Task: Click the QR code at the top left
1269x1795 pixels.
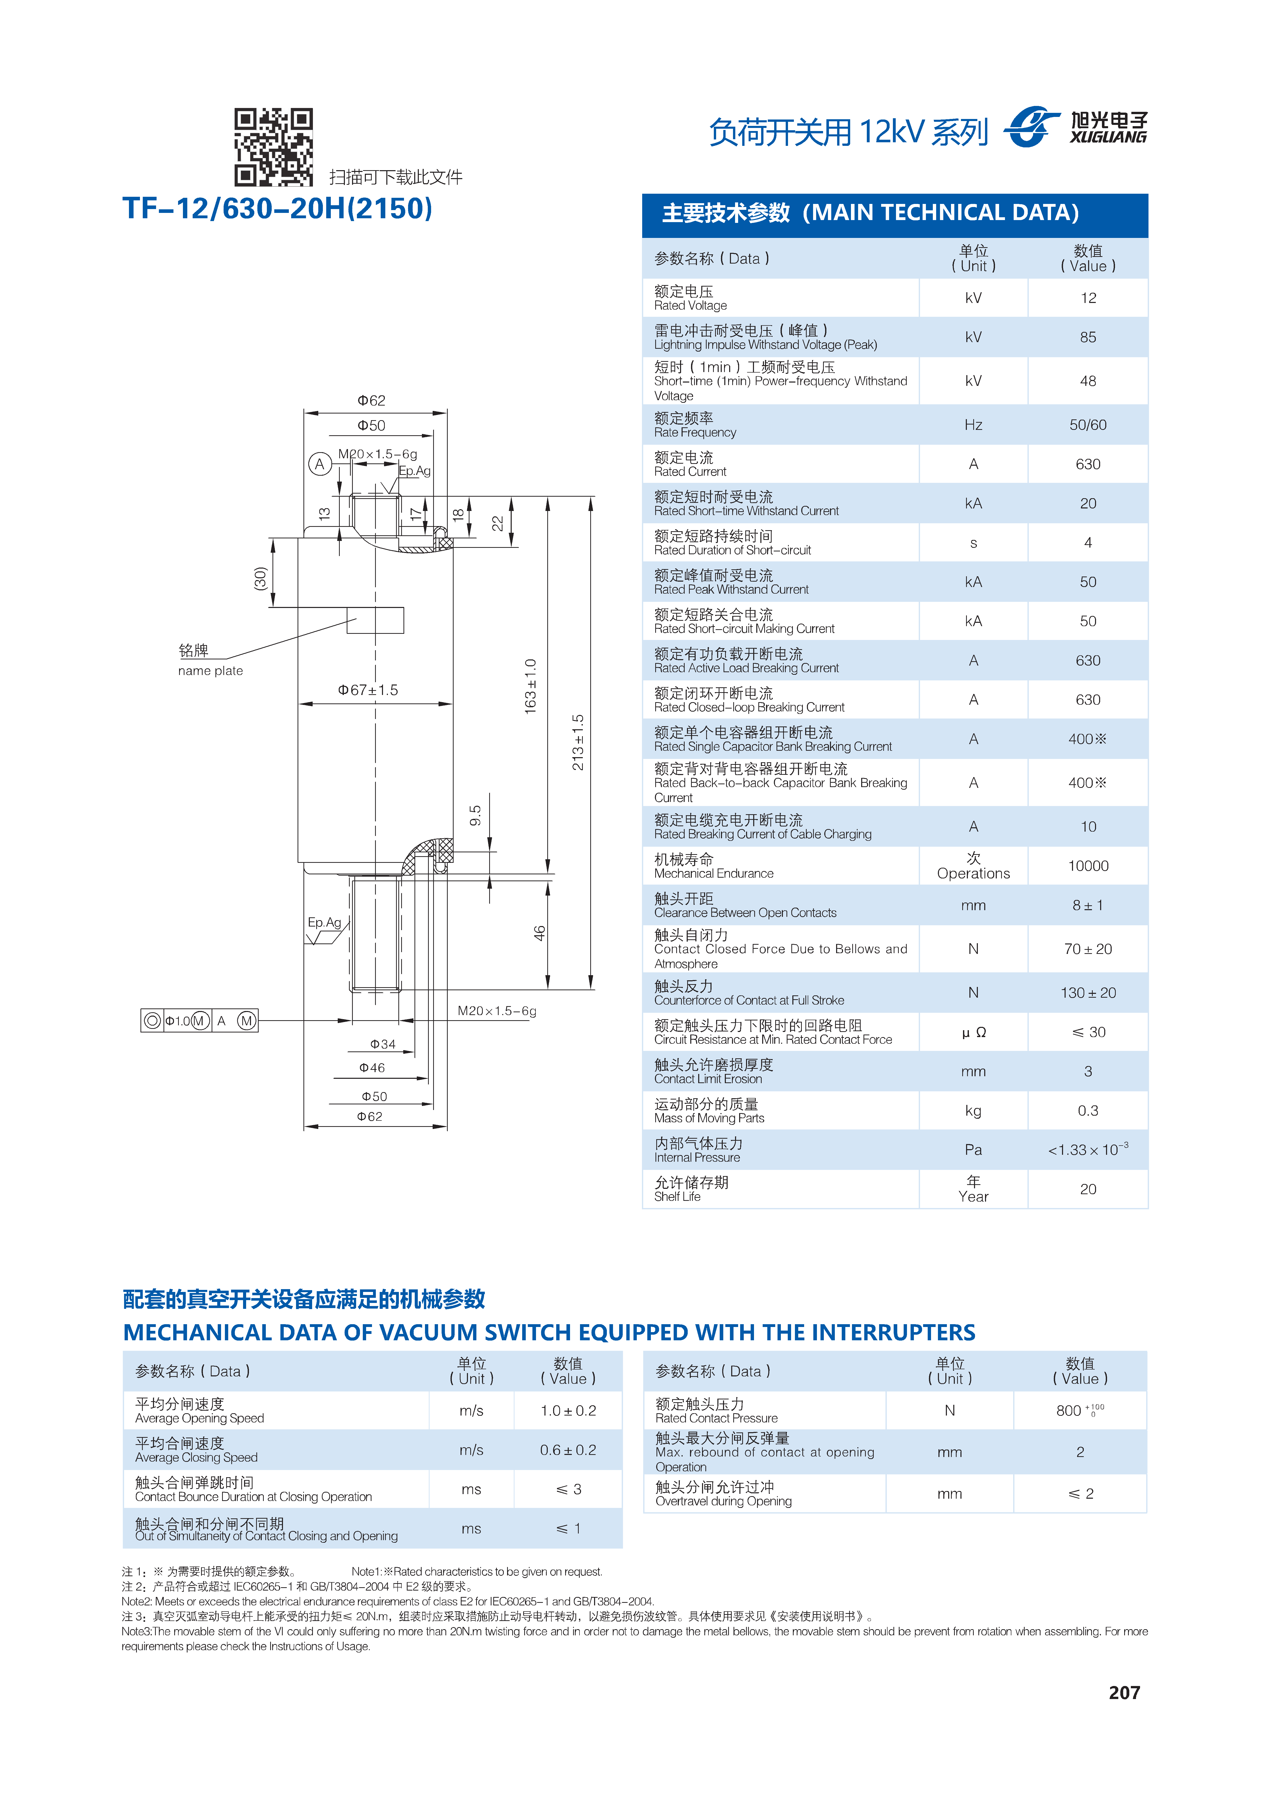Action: (274, 147)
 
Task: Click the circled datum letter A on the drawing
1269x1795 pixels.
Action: (319, 464)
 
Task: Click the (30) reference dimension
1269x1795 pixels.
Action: (260, 579)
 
